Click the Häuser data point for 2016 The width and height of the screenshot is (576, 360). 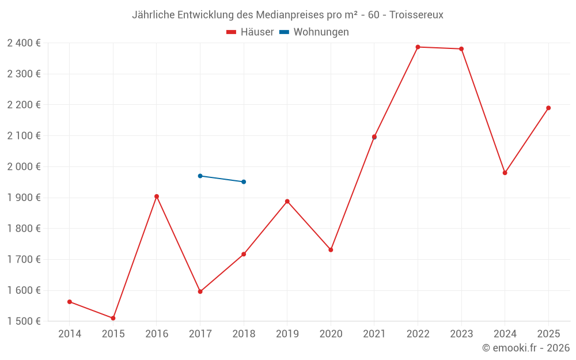[157, 196]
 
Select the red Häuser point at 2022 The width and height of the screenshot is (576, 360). [418, 47]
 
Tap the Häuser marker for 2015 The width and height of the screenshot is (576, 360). [113, 318]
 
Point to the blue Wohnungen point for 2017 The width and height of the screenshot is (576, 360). [200, 176]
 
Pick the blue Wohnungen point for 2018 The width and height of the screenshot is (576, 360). [244, 182]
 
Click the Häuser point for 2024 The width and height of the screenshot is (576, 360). [505, 173]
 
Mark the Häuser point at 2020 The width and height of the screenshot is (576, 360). [331, 250]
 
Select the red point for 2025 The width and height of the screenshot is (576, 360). [548, 108]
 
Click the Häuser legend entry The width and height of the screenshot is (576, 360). [250, 32]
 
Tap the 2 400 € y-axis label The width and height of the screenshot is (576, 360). [24, 43]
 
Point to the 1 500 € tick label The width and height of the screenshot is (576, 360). [24, 321]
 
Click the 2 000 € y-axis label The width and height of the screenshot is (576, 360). [24, 166]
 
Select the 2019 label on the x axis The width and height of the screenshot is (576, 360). [287, 334]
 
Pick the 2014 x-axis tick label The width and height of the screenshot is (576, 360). [70, 334]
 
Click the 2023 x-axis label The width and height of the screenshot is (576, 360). [461, 334]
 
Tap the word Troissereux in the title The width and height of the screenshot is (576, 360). [416, 15]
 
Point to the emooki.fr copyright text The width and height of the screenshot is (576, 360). [526, 348]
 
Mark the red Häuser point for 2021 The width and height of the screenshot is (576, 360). [374, 137]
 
